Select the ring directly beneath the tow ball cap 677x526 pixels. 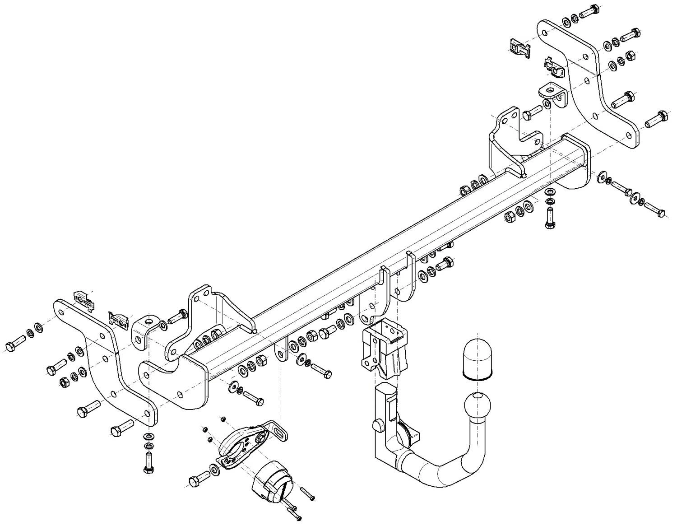[x=478, y=376]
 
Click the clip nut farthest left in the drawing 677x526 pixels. [x=84, y=299]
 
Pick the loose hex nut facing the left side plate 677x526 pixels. [x=64, y=382]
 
